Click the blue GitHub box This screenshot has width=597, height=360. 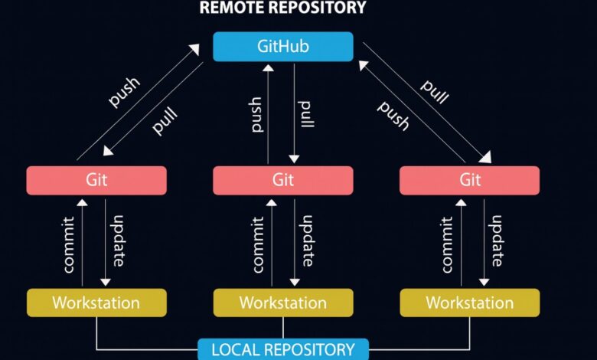(x=282, y=46)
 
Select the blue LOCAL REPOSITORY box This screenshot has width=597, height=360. (x=282, y=349)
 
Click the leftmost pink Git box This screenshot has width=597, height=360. (x=96, y=180)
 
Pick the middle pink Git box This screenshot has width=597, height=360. (x=282, y=180)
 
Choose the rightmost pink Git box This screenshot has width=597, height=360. (x=469, y=180)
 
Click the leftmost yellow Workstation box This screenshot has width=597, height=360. (x=96, y=303)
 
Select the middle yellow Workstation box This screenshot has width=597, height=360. (x=282, y=303)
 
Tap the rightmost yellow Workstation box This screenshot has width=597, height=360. (x=469, y=303)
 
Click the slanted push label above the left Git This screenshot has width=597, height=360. (x=123, y=91)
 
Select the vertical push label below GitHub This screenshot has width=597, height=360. (x=257, y=113)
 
